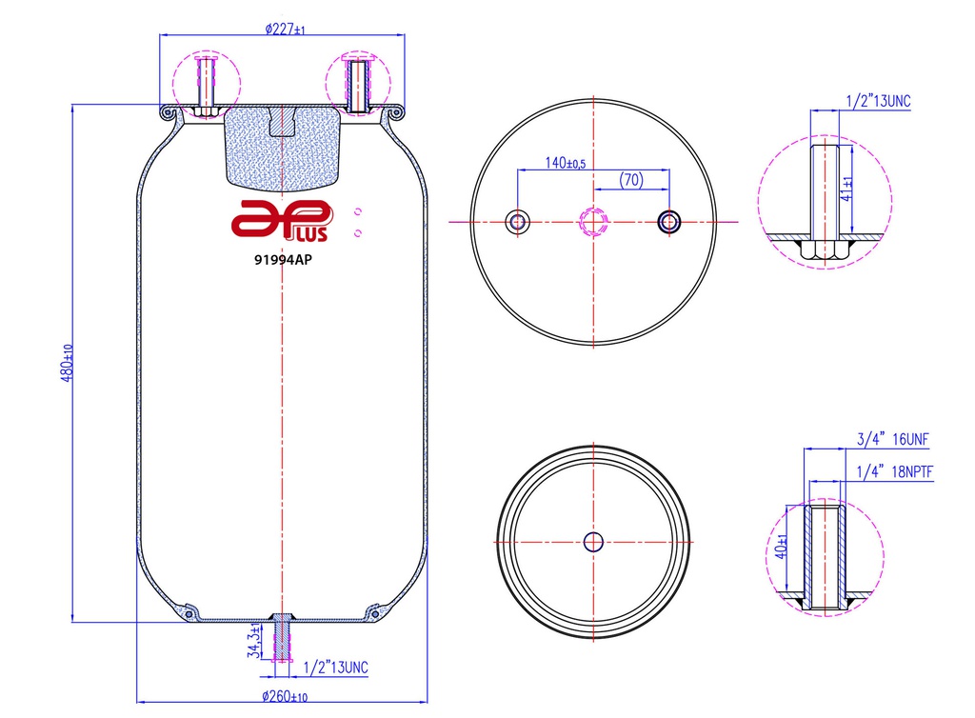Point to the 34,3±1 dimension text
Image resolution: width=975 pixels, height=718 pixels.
pos(253,642)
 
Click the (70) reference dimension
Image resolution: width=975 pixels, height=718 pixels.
pos(629,179)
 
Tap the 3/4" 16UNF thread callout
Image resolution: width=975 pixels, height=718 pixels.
pos(891,439)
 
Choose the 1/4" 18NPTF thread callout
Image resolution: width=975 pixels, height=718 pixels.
pos(891,471)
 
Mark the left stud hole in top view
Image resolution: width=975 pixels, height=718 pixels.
pos(518,222)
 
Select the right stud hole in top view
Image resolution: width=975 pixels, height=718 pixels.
pos(668,222)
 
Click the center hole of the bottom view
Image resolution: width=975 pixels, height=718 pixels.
pos(593,542)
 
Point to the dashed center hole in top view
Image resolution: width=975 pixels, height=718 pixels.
pos(593,223)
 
